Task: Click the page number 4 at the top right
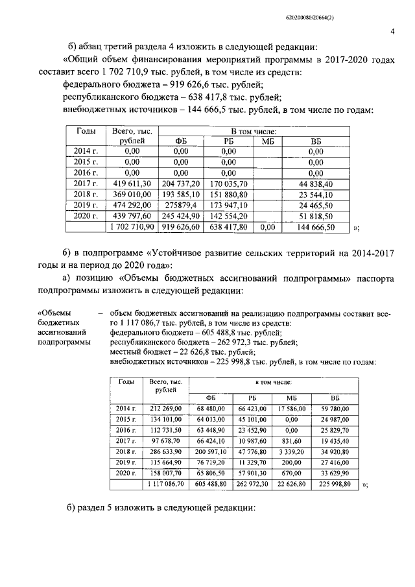[x=393, y=30]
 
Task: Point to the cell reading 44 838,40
[x=316, y=184]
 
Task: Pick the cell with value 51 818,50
[x=316, y=217]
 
